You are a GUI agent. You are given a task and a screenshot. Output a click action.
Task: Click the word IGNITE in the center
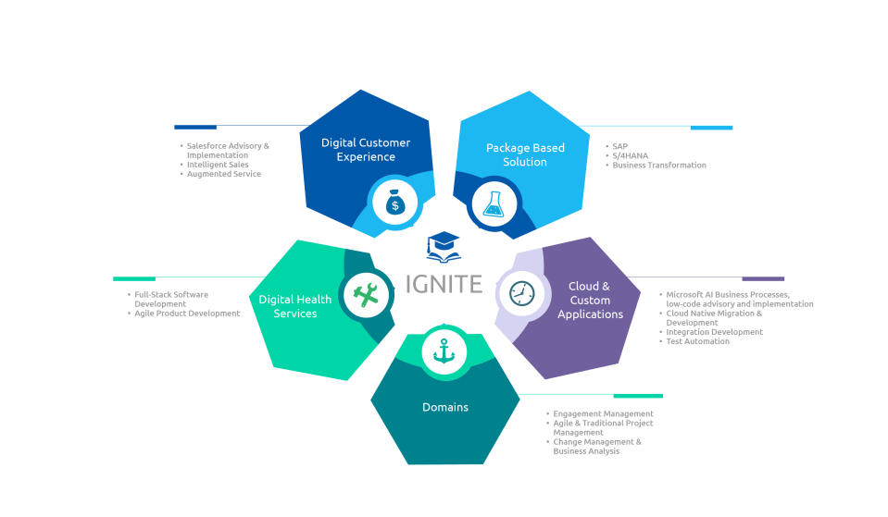(444, 284)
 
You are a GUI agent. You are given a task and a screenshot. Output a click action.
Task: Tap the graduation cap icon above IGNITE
(444, 247)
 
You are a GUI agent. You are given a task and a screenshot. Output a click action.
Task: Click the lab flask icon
(494, 203)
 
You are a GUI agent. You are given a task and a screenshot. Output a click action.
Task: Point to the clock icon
(522, 293)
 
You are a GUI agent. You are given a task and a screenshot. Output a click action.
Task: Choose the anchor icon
(444, 351)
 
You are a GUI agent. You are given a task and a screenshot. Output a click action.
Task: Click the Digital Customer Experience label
(366, 150)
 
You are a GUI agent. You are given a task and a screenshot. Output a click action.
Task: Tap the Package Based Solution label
(525, 154)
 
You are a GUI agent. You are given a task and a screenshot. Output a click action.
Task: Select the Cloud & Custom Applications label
(590, 301)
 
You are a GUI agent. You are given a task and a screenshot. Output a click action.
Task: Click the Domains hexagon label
(445, 407)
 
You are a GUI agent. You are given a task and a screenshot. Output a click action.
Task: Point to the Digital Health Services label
(295, 306)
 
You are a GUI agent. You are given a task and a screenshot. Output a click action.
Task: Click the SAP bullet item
(619, 146)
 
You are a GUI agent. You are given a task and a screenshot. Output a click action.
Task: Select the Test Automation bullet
(697, 341)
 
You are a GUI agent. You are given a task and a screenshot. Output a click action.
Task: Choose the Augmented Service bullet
(223, 174)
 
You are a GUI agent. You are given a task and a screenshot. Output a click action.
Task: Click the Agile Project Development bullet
(187, 313)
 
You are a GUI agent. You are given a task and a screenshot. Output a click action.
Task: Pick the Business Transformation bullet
(659, 166)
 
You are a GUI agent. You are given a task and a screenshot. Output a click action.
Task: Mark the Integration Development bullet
(714, 331)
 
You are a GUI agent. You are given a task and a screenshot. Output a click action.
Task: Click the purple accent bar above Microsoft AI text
(763, 278)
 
